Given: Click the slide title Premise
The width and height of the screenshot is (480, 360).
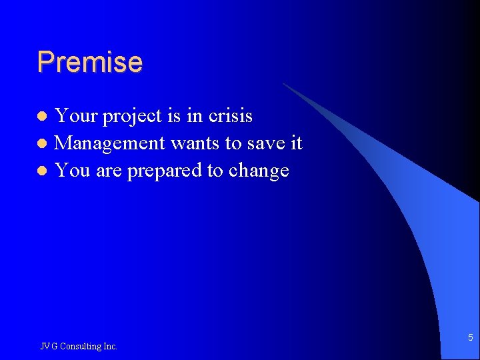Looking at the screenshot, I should [x=89, y=62].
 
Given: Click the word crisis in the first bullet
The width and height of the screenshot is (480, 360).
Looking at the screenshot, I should [x=230, y=116].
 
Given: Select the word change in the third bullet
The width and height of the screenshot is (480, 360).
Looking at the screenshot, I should [x=259, y=171].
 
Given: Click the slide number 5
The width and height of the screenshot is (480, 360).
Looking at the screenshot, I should [x=470, y=338].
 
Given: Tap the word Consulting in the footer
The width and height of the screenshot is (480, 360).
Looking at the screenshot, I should [x=79, y=346].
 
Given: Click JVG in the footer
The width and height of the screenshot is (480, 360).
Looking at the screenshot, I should [x=49, y=346].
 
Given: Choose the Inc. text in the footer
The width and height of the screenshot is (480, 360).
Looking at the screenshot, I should [x=110, y=346].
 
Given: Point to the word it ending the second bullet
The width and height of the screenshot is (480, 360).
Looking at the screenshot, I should [x=296, y=143].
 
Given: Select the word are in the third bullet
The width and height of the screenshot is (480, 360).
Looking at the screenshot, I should [x=108, y=171].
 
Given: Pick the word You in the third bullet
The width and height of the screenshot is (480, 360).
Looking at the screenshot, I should [x=72, y=171].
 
